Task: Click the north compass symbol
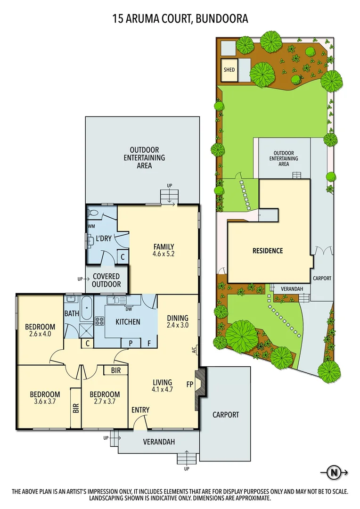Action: click(334, 472)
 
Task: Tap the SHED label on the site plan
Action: click(229, 70)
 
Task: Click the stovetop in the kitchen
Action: click(100, 321)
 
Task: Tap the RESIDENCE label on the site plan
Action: click(267, 251)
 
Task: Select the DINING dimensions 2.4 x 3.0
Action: click(177, 325)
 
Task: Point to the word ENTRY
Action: click(140, 410)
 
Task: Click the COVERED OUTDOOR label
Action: click(106, 280)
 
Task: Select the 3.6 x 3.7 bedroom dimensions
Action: click(45, 402)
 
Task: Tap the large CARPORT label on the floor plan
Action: click(226, 415)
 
